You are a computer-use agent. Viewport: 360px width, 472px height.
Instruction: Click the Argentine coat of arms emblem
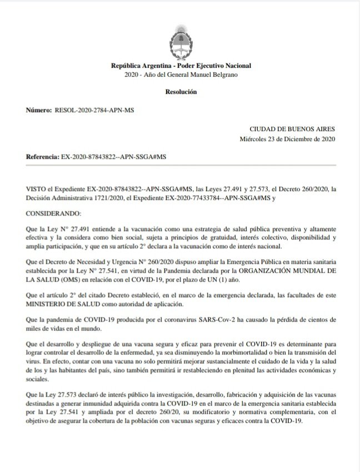point(180,39)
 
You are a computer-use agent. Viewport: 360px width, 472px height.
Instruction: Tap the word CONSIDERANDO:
point(53,213)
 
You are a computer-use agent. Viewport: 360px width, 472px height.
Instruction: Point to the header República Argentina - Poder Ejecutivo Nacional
point(180,66)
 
